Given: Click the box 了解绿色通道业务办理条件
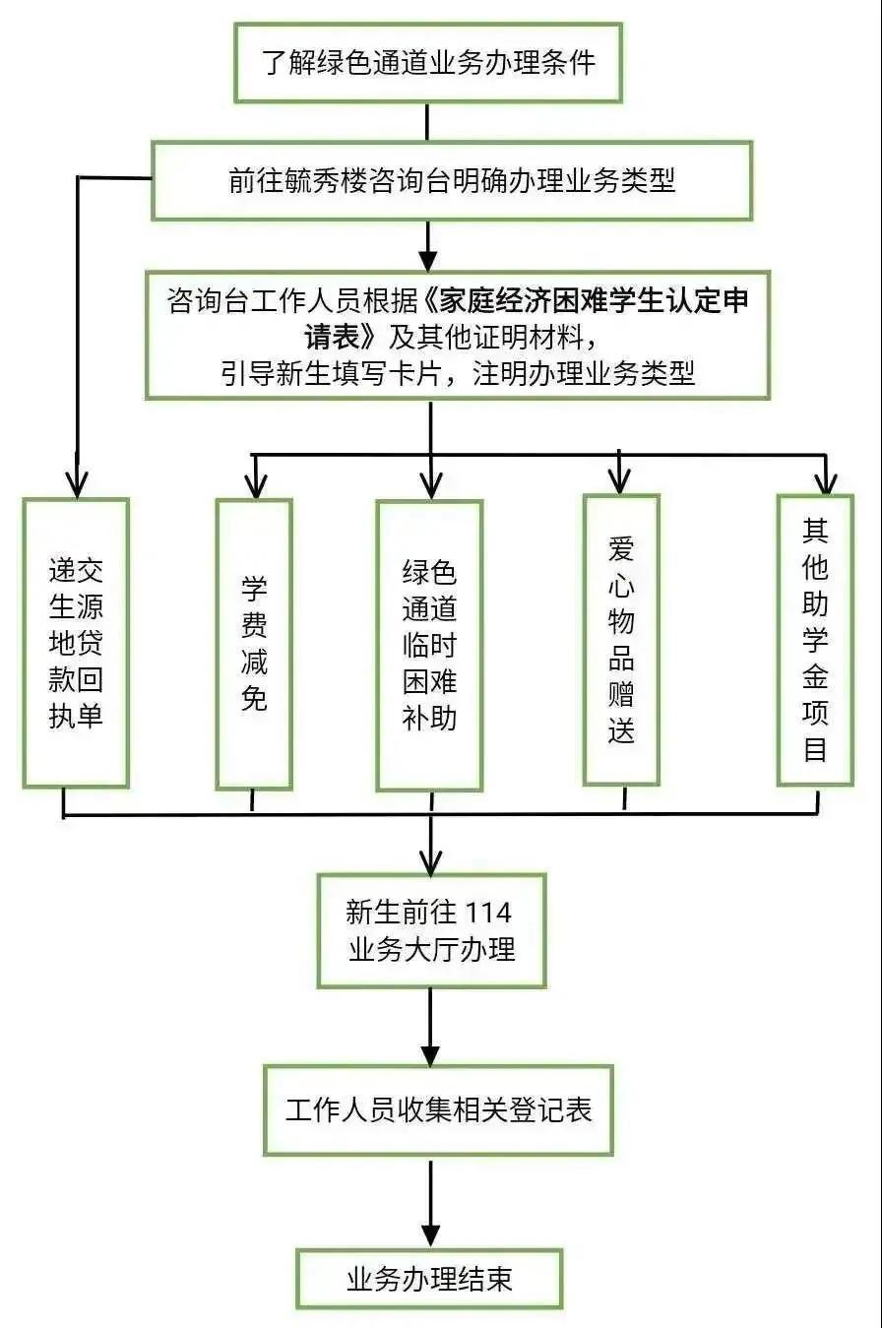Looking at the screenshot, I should click(x=427, y=62).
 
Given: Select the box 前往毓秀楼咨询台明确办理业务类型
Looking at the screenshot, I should click(x=452, y=180).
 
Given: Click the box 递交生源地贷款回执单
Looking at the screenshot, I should click(x=76, y=643).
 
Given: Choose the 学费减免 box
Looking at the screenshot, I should click(x=254, y=644).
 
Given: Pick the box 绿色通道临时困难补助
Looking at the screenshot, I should click(x=429, y=645).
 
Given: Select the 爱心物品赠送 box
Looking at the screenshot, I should click(x=621, y=639).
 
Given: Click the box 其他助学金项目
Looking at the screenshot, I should click(x=815, y=640).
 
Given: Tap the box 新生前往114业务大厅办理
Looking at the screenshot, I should click(x=431, y=929).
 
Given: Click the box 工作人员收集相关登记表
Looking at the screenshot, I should click(x=438, y=1109).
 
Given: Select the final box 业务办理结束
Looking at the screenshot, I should click(x=429, y=1278).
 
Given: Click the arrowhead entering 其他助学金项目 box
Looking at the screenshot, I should click(x=826, y=481).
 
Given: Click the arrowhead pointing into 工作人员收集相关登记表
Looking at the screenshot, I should click(x=430, y=1050).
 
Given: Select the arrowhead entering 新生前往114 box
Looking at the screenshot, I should click(x=431, y=860).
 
